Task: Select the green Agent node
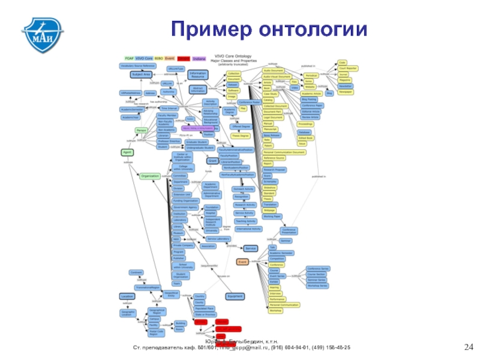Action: [x=127, y=153]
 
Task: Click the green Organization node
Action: [x=149, y=176]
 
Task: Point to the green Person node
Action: [x=142, y=130]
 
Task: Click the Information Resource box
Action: [x=197, y=74]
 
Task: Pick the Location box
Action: [x=127, y=296]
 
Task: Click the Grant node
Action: [x=212, y=161]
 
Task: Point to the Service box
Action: [x=251, y=248]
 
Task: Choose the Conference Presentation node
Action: [x=289, y=230]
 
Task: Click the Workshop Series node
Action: [x=318, y=285]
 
